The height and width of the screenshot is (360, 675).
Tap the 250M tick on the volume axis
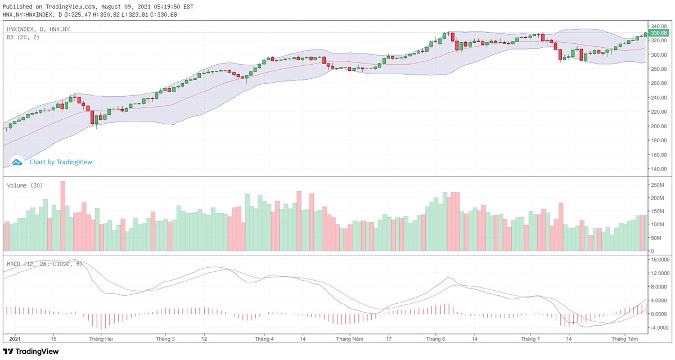point(655,185)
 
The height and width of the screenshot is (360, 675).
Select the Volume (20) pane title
point(25,185)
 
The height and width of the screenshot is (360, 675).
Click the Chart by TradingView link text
point(61,162)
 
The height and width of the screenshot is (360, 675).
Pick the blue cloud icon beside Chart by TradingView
point(17,162)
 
